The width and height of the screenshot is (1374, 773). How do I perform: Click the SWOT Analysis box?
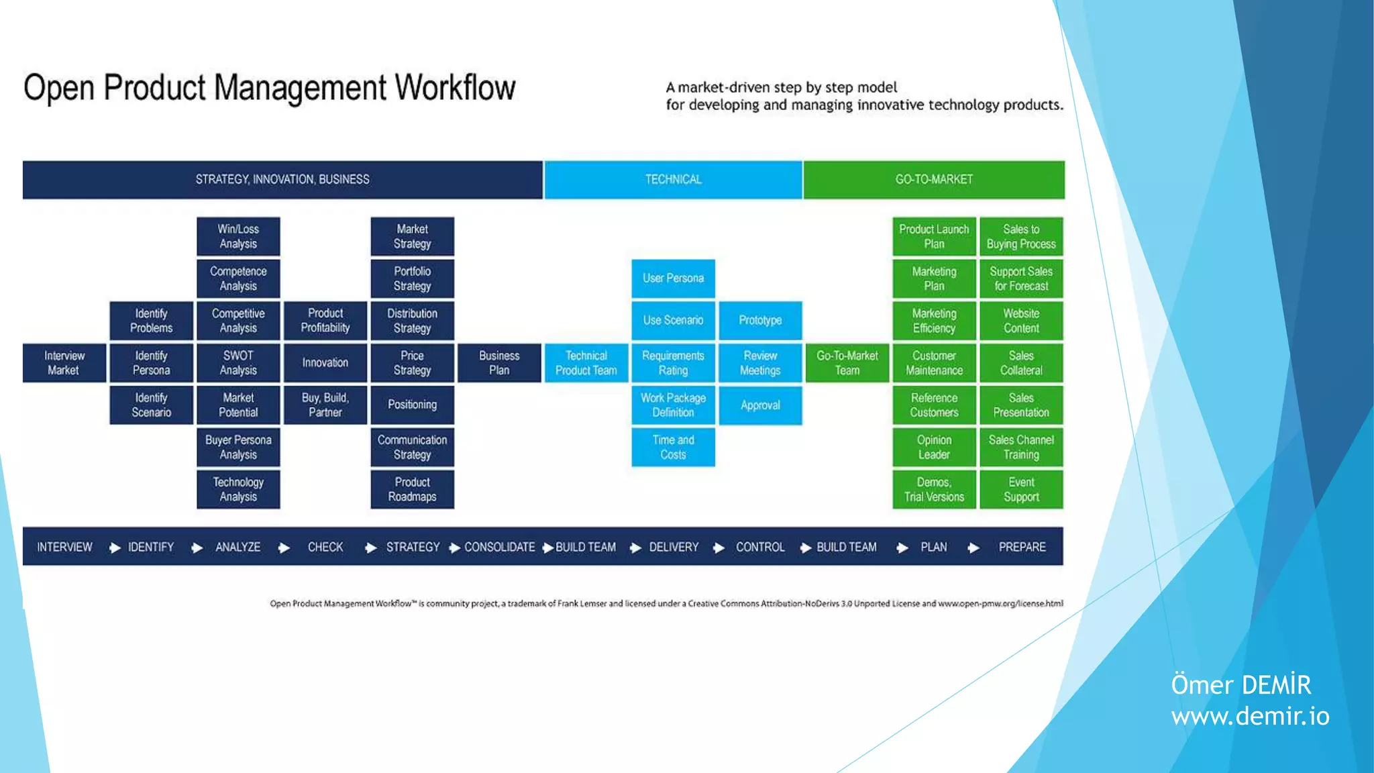coord(238,363)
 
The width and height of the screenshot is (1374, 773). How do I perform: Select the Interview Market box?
coord(64,363)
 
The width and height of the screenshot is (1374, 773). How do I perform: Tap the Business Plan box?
coord(499,363)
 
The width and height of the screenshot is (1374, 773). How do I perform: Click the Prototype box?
coord(760,321)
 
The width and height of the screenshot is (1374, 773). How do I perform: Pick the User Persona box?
coord(673,278)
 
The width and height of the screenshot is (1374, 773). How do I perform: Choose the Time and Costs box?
coord(673,448)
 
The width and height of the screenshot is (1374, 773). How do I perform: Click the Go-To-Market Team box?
coord(847,363)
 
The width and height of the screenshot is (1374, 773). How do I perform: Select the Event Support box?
coord(1021,490)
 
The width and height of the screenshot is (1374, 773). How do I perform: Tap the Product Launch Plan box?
coord(934,236)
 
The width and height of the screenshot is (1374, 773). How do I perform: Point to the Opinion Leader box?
coord(934,448)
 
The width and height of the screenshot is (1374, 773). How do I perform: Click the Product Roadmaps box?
coord(412,490)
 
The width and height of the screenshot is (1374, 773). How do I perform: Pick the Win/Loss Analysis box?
coord(238,236)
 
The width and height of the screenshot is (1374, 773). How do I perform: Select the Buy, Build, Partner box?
coord(325,405)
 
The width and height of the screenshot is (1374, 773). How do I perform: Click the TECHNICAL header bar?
coord(673,180)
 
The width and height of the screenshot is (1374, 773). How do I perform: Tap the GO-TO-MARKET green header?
coord(934,180)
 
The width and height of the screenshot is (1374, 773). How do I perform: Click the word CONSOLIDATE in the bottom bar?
coord(500,548)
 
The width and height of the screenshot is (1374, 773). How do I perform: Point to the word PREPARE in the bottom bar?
coord(1022,548)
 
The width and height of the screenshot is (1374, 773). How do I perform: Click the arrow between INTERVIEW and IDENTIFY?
coord(115,548)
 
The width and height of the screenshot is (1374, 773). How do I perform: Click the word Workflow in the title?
coord(455,89)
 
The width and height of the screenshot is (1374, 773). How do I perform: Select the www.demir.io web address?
coord(1250,717)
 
